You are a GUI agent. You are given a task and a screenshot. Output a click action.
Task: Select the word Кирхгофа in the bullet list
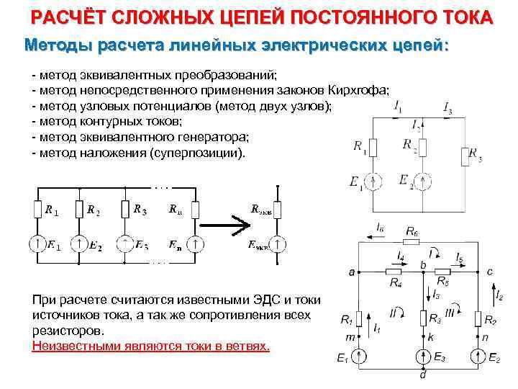pos(358,90)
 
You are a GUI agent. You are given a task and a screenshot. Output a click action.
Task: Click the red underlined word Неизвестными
pos(69,346)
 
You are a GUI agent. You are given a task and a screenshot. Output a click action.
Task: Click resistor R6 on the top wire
pos(412,241)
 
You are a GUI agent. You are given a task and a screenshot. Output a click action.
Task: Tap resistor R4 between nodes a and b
pos(394,272)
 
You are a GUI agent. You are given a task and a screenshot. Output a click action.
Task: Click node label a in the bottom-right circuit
pos(351,272)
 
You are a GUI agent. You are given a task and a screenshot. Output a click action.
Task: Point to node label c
pos(490,271)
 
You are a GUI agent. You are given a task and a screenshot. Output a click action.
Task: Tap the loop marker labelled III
pos(450,312)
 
